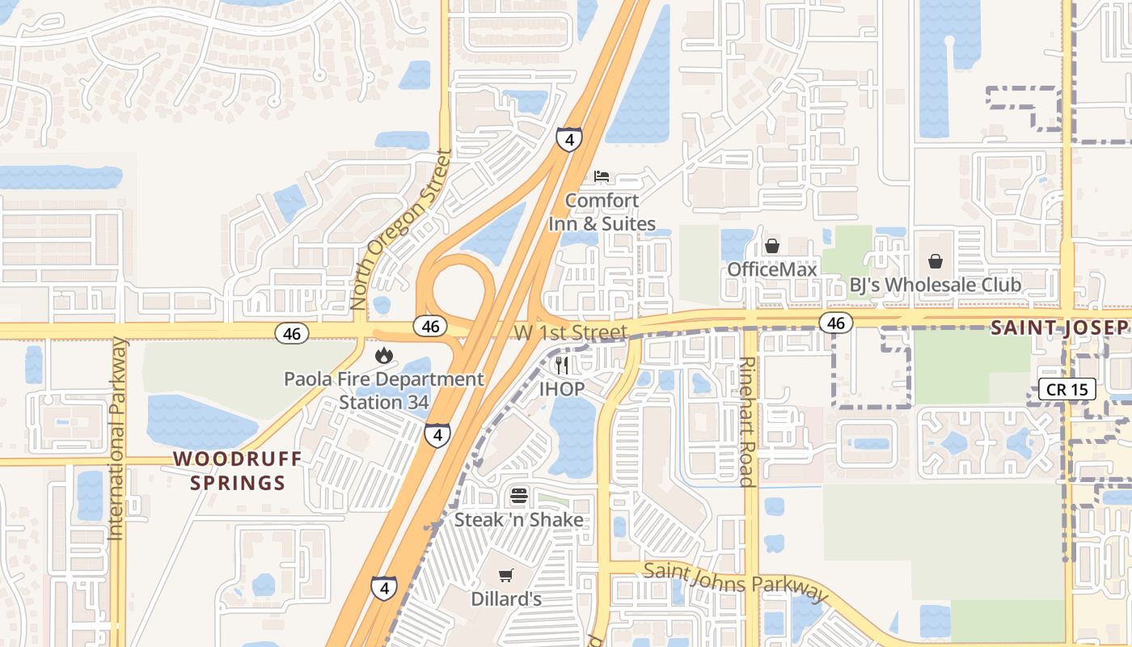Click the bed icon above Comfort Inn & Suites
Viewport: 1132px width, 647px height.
[602, 176]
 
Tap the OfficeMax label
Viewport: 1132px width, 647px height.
[772, 269]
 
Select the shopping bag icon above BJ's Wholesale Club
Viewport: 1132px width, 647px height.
[936, 261]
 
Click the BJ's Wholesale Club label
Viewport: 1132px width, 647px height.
[935, 285]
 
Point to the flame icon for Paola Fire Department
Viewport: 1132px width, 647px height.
[383, 355]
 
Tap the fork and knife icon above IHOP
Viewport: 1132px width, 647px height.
[562, 365]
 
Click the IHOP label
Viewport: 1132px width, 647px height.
[562, 388]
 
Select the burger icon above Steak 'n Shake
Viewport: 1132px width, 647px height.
[519, 496]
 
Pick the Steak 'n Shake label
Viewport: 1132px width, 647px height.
[519, 519]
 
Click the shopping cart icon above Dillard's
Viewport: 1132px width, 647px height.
[506, 576]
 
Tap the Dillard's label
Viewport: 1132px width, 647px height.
[506, 599]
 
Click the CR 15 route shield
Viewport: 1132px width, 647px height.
[1067, 389]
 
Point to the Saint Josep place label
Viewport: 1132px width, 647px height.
[1059, 328]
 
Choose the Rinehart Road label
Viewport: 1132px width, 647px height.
[748, 421]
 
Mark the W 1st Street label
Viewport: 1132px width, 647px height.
[570, 332]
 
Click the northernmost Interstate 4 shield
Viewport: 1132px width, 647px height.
[569, 139]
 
